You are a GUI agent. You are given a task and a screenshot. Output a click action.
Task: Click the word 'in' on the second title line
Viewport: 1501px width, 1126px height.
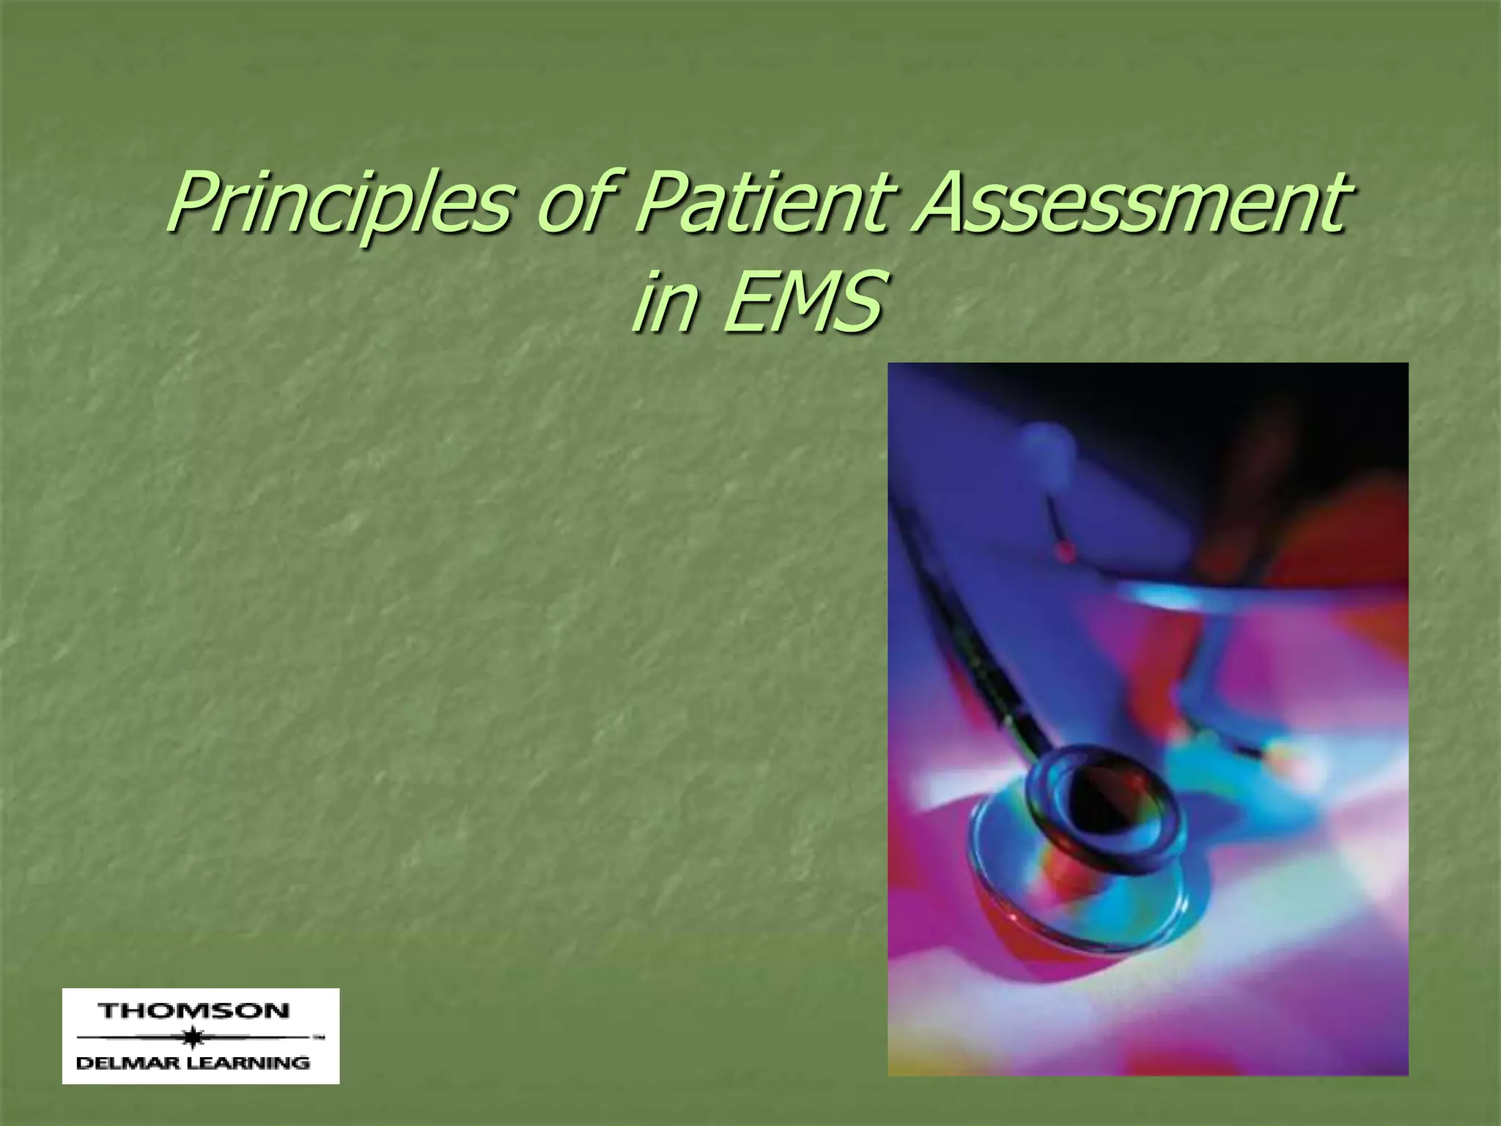[x=664, y=301]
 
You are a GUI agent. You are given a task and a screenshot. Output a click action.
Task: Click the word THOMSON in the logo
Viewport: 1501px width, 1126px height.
[x=194, y=1012]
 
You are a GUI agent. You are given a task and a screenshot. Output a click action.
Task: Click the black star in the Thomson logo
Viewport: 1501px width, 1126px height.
[x=193, y=1038]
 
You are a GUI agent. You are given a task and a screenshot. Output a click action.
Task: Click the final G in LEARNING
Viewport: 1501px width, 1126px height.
[x=300, y=1062]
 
